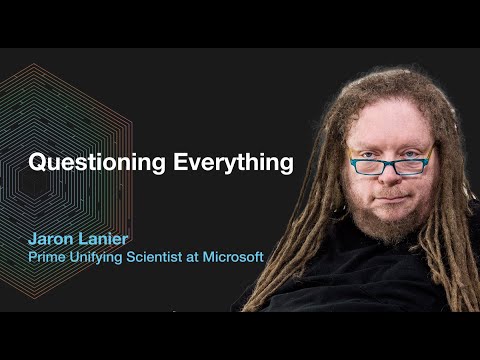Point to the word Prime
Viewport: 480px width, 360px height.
46,257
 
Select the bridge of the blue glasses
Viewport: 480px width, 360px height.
391,160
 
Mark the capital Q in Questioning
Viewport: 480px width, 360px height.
36,161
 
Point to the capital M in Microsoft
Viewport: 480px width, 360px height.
210,257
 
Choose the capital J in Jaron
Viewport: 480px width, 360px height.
33,240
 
